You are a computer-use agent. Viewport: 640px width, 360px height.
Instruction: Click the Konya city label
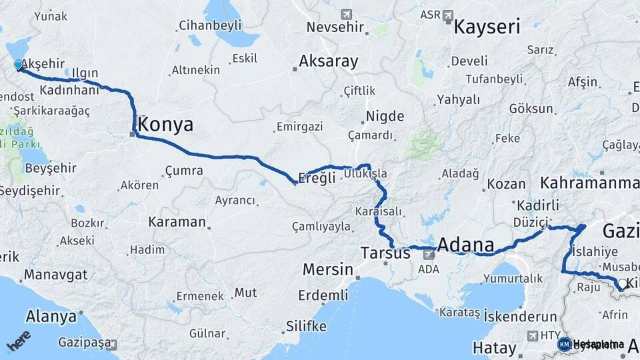[x=166, y=125]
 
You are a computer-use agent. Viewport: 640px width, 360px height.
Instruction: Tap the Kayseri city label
[x=487, y=27]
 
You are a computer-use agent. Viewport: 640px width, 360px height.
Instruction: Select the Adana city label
[x=465, y=245]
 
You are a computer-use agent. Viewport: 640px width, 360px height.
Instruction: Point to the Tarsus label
[x=385, y=253]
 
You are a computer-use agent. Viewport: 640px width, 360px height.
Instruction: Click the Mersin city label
[x=327, y=270]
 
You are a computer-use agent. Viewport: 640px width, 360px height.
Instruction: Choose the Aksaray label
[x=329, y=61]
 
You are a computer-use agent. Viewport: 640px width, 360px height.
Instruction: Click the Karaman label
[x=177, y=221]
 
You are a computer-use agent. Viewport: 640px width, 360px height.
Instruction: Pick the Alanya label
[x=51, y=316]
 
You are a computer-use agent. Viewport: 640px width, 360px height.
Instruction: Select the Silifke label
[x=306, y=326]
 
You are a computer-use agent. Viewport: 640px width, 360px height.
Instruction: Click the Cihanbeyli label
[x=210, y=27]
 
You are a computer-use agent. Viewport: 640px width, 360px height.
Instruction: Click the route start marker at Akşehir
[x=18, y=65]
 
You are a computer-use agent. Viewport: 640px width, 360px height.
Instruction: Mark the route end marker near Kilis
[x=621, y=284]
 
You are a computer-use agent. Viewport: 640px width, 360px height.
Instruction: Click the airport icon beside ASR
[x=447, y=14]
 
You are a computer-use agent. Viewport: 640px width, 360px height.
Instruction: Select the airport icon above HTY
[x=533, y=335]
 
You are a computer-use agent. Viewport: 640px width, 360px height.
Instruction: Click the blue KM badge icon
[x=564, y=344]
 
